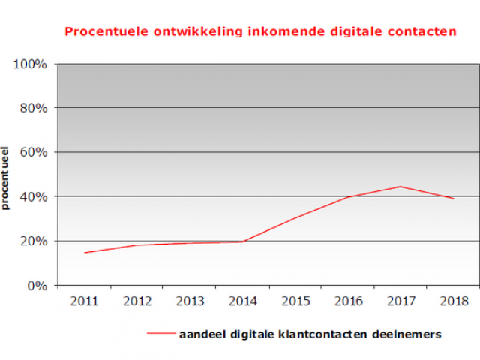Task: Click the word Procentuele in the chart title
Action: tap(100, 32)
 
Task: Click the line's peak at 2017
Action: tap(400, 187)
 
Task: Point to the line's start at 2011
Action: tap(84, 253)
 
